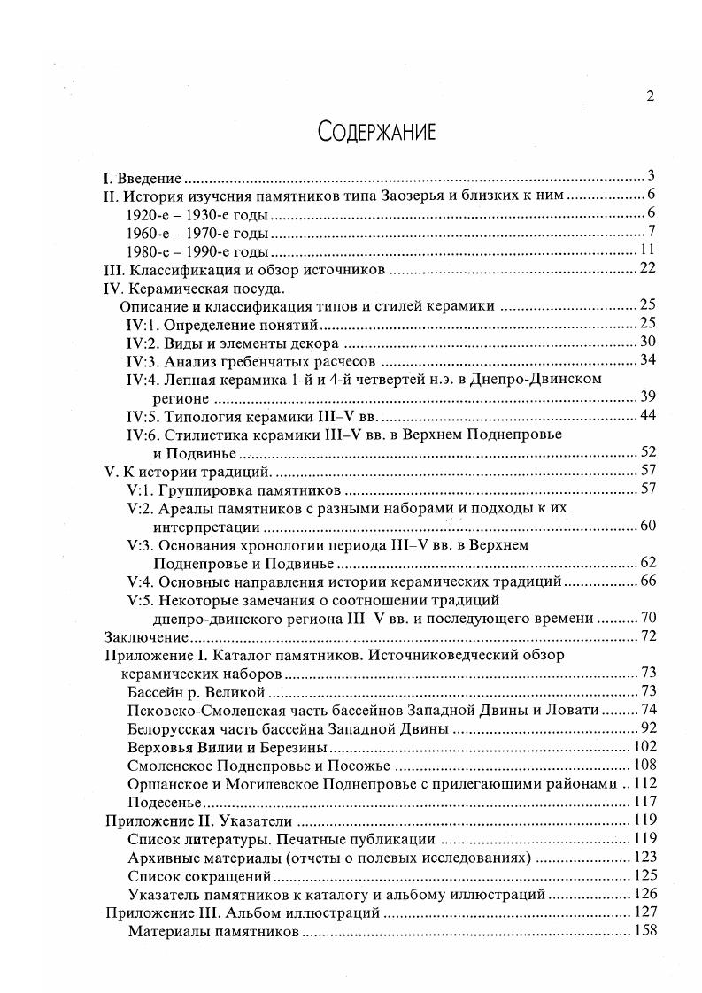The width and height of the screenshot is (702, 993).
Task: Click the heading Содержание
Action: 376,133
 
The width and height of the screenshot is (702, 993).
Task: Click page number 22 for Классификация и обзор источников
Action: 646,269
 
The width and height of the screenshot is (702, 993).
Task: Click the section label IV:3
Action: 143,360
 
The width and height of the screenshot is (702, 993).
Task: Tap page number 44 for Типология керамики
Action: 646,416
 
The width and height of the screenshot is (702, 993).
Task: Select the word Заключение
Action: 146,636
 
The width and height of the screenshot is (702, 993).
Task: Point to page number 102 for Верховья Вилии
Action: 643,746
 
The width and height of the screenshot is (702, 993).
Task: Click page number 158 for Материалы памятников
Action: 643,931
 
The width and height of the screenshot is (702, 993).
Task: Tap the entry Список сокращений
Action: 199,876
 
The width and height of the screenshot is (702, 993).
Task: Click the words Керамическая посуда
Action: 208,288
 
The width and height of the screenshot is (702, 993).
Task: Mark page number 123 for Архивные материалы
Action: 643,858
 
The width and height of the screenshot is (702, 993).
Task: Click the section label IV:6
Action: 143,435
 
